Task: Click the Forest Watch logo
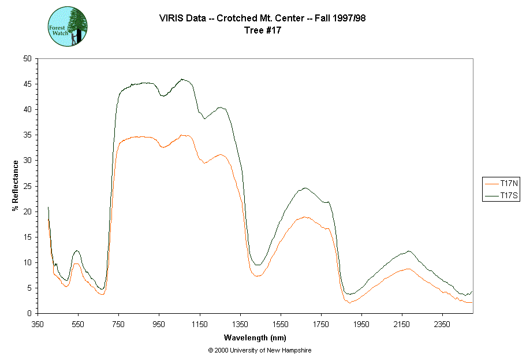(68, 27)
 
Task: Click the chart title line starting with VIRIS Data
(263, 18)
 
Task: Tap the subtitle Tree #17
(263, 31)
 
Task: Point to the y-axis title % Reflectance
(16, 185)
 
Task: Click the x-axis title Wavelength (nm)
(256, 337)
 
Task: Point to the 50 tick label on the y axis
(27, 59)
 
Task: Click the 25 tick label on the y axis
(27, 186)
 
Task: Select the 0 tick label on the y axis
(29, 313)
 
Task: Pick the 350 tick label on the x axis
(38, 324)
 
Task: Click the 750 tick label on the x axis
(118, 324)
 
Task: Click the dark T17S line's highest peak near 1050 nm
(182, 79)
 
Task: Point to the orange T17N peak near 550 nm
(76, 263)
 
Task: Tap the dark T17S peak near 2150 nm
(409, 251)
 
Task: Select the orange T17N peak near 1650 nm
(305, 217)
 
